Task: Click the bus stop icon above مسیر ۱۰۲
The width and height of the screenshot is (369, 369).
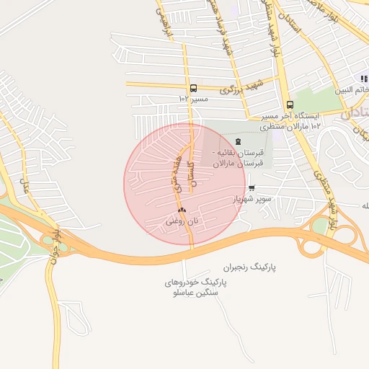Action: (x=192, y=87)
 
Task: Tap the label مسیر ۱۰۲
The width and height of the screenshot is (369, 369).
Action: (x=193, y=98)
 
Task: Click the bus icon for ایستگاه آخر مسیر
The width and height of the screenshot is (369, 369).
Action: (x=289, y=105)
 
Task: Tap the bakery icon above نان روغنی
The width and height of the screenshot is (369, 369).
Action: (x=182, y=210)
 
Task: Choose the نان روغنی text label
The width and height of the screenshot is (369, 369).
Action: (x=181, y=221)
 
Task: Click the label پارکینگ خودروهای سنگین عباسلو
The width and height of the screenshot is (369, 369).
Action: (x=195, y=289)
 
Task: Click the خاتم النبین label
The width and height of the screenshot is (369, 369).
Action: (x=352, y=91)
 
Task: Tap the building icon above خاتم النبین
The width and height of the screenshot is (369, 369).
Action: (x=364, y=79)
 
